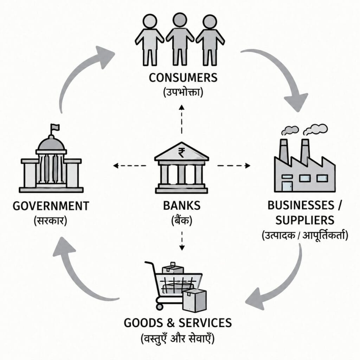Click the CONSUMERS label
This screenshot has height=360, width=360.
(183, 78)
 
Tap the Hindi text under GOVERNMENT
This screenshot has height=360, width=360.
(51, 221)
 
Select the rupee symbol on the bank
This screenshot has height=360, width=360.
(181, 153)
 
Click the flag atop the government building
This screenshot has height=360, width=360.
(55, 127)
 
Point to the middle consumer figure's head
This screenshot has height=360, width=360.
(180, 20)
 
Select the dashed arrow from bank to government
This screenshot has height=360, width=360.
(129, 165)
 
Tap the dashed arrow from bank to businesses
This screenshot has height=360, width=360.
(234, 165)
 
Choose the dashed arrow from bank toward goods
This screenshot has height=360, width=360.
(182, 240)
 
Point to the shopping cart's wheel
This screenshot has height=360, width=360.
(159, 306)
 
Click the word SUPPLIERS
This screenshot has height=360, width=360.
(305, 220)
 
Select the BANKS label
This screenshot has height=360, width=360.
(182, 205)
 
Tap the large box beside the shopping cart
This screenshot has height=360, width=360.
(194, 300)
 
